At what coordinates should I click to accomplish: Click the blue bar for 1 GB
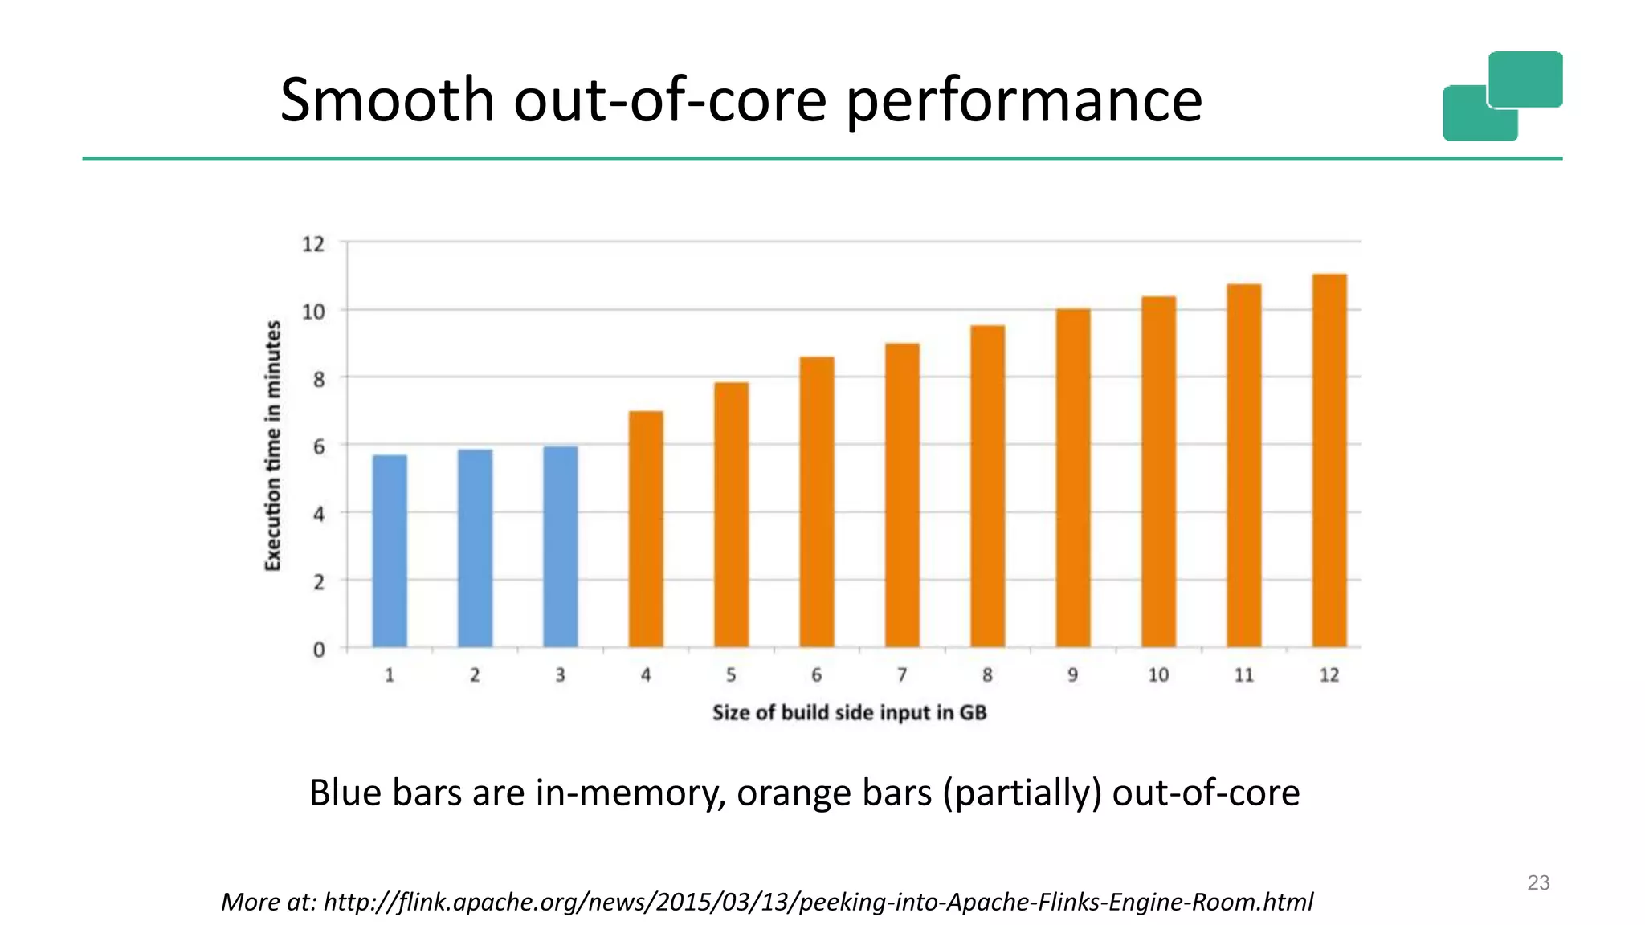(390, 551)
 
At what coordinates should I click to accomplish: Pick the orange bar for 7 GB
(902, 495)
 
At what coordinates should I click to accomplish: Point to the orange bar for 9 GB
(1073, 478)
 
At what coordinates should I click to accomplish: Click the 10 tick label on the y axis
(313, 312)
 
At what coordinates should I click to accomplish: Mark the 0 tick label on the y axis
(319, 650)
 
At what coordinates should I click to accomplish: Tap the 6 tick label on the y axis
(319, 446)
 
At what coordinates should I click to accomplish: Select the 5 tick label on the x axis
(731, 675)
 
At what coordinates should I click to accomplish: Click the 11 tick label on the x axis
(1243, 675)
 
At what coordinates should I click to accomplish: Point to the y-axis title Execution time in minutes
(273, 446)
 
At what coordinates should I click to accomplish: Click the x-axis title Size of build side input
(849, 713)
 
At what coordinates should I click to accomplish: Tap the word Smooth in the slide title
(386, 100)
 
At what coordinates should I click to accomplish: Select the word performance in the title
(1024, 101)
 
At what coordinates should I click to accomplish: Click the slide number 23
(1538, 882)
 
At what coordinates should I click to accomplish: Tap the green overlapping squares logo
(1502, 96)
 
